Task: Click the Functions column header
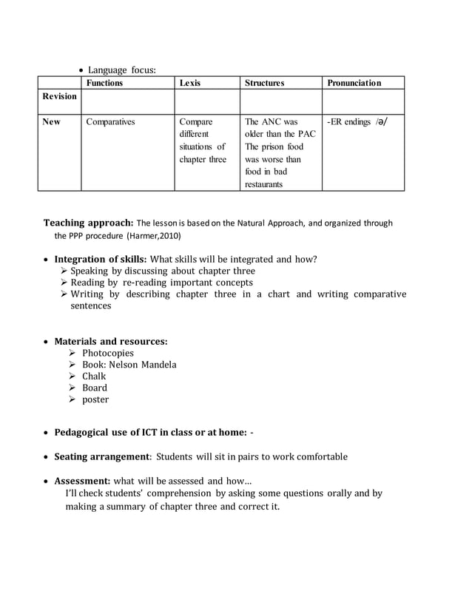click(104, 84)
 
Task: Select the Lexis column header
click(189, 84)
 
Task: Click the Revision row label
click(59, 97)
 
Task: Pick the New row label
click(52, 122)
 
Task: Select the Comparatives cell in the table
click(110, 122)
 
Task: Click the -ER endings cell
click(357, 122)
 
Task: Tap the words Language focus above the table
click(122, 70)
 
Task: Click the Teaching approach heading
click(88, 223)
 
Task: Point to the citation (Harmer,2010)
click(153, 236)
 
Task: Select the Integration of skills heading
click(101, 259)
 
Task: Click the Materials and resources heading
click(111, 341)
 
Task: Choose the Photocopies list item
click(107, 353)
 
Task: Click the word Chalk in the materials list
click(94, 377)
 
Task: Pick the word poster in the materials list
click(95, 399)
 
